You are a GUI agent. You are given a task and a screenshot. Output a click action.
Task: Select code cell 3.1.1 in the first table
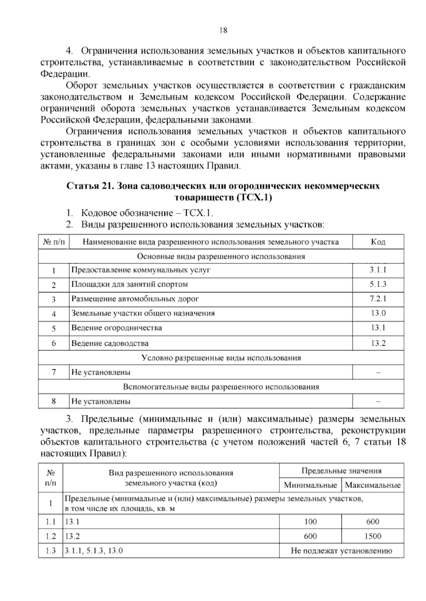pos(378,270)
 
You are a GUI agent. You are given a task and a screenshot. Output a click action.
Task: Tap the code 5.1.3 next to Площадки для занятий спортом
pos(378,284)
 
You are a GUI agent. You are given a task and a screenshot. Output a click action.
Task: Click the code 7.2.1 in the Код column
pos(378,299)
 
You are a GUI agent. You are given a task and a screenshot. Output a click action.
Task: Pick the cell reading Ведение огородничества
pos(117,328)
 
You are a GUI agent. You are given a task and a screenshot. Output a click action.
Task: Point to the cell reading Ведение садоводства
pos(110,343)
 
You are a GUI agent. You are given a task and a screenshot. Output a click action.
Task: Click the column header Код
pos(378,242)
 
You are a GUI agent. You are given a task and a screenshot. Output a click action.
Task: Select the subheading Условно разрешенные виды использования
pos(221,358)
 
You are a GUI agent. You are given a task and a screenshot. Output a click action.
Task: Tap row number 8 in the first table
pos(54,401)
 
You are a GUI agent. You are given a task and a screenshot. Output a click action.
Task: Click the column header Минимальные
pos(310,485)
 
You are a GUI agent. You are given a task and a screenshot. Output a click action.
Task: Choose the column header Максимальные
pos(372,485)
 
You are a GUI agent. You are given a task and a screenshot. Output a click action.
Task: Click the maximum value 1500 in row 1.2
pos(372,536)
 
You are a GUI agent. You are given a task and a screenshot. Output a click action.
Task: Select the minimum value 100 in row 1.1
pos(310,522)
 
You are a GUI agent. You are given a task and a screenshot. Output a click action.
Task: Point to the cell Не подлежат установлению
pos(341,551)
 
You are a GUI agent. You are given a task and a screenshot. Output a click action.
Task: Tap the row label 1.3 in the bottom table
pos(50,551)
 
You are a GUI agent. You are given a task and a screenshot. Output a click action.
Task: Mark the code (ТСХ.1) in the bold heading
pos(253,198)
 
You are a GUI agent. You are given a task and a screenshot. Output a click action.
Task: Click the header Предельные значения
pos(341,471)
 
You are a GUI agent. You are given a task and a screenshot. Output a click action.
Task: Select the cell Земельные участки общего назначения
pos(143,313)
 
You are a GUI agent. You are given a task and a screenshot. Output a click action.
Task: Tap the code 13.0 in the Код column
pos(378,313)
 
